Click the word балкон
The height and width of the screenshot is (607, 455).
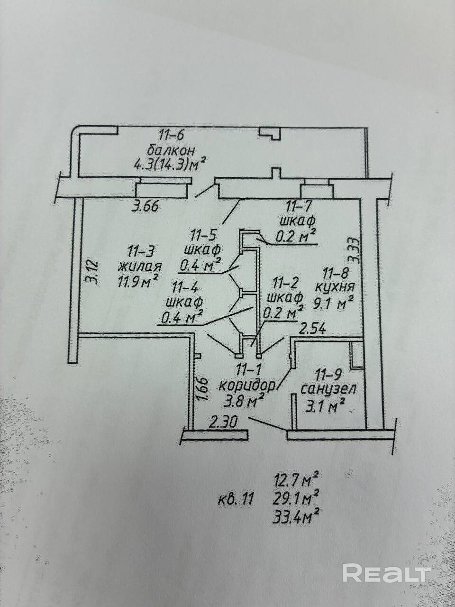172,151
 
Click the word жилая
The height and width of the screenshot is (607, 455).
140,266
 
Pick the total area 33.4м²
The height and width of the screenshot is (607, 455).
294,514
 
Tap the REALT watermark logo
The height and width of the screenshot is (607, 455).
386,573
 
